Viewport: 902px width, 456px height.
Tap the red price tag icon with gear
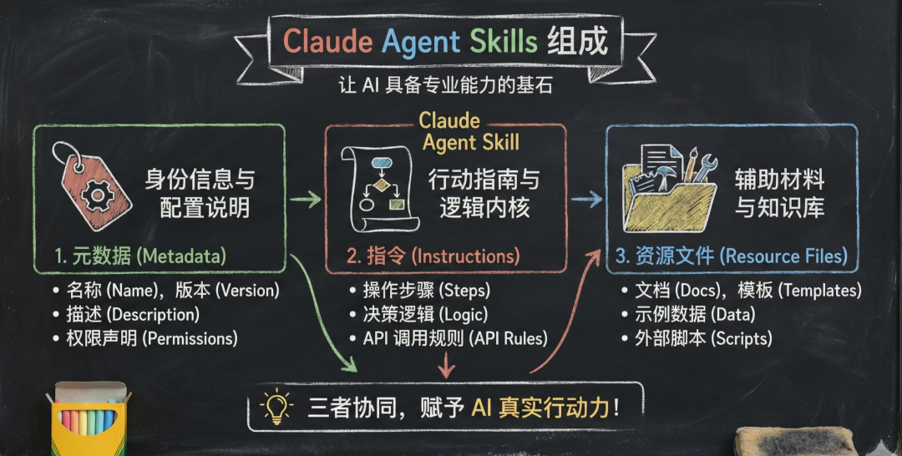91,185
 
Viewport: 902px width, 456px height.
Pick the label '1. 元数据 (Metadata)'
129,256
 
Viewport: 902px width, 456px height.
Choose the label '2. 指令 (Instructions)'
433,256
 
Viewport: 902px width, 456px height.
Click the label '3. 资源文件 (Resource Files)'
731,256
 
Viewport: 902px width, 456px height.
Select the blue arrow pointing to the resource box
589,200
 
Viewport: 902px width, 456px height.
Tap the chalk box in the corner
89,422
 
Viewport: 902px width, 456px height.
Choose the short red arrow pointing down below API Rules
448,365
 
